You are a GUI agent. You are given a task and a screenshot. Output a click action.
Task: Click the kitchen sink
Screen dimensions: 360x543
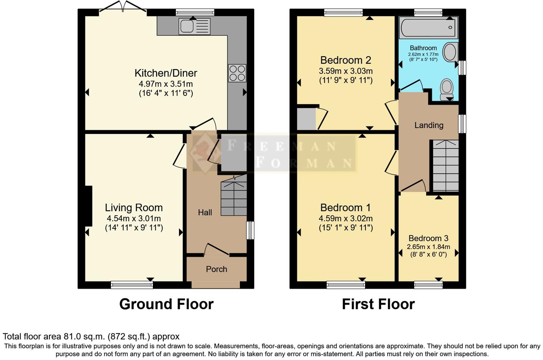pyautogui.click(x=194, y=27)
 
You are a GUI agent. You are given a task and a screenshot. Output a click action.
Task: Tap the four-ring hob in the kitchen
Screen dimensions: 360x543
pyautogui.click(x=237, y=73)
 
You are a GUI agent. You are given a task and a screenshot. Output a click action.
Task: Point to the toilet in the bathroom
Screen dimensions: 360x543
pyautogui.click(x=447, y=89)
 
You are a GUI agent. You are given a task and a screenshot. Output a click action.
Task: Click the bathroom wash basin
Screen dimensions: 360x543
pyautogui.click(x=450, y=52)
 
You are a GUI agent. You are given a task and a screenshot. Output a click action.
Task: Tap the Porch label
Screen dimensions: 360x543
pyautogui.click(x=216, y=269)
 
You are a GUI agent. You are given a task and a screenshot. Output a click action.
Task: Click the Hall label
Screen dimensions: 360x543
pyautogui.click(x=205, y=212)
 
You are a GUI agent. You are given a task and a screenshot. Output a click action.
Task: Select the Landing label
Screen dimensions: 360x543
pyautogui.click(x=429, y=125)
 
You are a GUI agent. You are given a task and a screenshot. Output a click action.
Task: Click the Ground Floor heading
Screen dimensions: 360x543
pyautogui.click(x=166, y=304)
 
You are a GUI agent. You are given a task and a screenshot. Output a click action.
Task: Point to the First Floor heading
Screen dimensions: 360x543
pyautogui.click(x=378, y=304)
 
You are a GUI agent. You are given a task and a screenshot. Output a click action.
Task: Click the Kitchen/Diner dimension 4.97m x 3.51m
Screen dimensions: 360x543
pyautogui.click(x=166, y=84)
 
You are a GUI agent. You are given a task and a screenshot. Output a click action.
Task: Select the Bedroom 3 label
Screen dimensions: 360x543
pyautogui.click(x=428, y=238)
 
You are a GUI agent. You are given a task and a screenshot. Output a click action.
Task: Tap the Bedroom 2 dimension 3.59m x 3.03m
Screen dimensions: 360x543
pyautogui.click(x=345, y=71)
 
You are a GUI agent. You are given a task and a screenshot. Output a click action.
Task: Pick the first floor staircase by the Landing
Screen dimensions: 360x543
pyautogui.click(x=445, y=166)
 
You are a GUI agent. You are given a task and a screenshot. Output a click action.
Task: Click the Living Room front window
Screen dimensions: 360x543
pyautogui.click(x=132, y=285)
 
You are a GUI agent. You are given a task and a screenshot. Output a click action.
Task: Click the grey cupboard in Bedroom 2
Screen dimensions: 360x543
pyautogui.click(x=306, y=119)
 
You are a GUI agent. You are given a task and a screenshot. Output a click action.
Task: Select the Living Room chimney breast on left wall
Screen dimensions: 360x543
pyautogui.click(x=89, y=206)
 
